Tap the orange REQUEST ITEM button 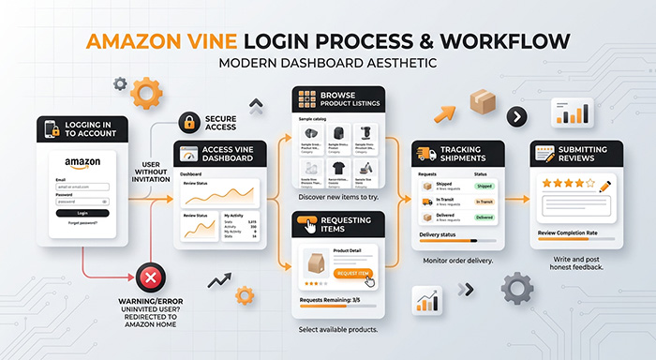pos(353,273)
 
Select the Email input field pos(82,187)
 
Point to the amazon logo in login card pos(82,164)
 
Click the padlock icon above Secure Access pos(189,123)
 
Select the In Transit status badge pos(485,202)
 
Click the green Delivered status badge pos(485,217)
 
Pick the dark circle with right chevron pos(515,117)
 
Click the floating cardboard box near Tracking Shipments pos(484,103)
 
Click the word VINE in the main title pos(271,42)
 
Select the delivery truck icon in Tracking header pos(424,156)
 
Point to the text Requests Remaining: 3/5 pos(328,300)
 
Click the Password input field pos(82,201)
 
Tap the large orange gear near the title pos(146,93)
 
